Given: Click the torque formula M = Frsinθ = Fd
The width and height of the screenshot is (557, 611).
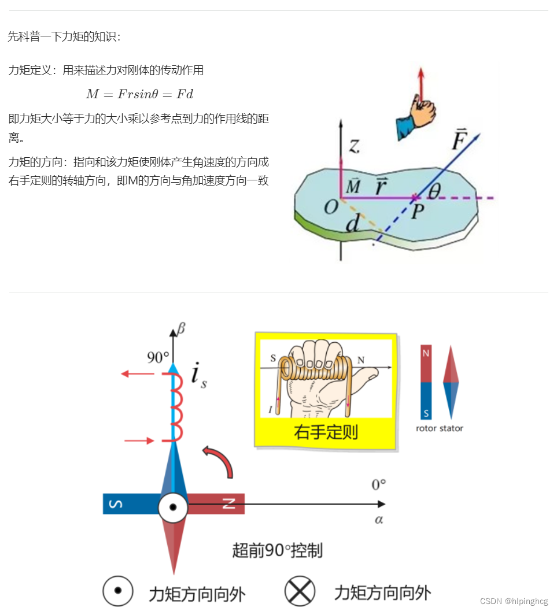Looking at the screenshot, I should pos(139,94).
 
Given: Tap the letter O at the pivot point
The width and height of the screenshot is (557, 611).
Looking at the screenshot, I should pos(330,206).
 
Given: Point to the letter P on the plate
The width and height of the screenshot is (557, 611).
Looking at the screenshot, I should pos(418,212).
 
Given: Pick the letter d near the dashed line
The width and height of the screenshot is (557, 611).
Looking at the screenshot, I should pos(352,224).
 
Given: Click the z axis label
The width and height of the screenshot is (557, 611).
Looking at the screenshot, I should pos(354,145).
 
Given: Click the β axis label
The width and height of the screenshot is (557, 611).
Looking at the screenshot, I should pos(182,329).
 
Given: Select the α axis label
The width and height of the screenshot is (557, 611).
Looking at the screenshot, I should pos(379,520).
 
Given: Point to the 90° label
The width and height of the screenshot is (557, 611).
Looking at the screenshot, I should pos(157,357).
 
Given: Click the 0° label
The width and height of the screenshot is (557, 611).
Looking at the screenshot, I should pos(379,484).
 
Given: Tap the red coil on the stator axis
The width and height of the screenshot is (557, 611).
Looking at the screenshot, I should pos(176,407).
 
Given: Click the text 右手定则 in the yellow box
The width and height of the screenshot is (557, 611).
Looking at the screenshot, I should pos(325,432).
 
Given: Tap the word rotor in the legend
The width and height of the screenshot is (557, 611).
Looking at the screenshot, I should pos(426,428).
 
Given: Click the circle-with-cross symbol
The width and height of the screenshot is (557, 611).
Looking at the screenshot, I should pos(300,592).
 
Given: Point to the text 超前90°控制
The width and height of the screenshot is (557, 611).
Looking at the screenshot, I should pos(277,550).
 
